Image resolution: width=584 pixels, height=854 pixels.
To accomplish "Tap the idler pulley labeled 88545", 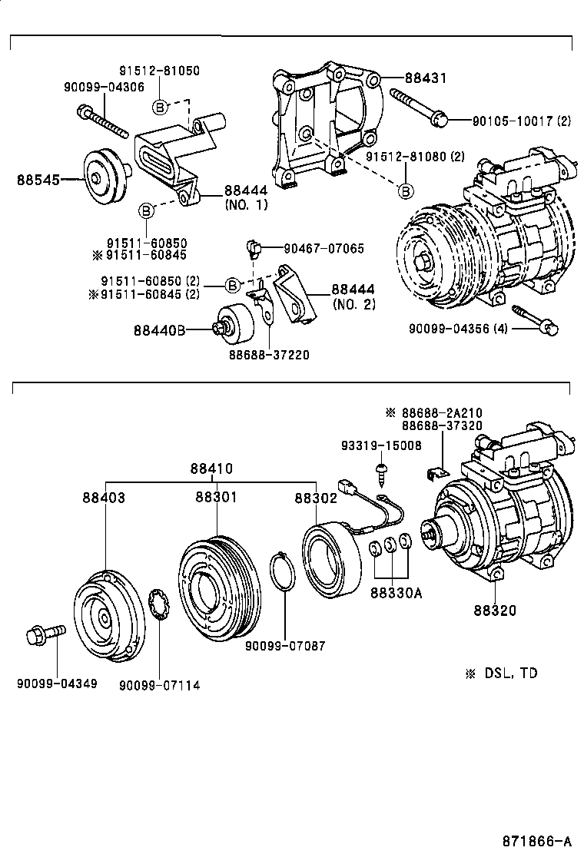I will [x=102, y=177].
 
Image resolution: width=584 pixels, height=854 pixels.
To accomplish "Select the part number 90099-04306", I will [x=103, y=87].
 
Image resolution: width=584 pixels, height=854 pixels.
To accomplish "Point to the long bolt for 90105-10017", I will [x=419, y=106].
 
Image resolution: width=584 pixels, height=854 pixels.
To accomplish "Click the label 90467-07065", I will [x=324, y=248].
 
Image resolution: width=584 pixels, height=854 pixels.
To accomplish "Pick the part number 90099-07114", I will [x=159, y=684].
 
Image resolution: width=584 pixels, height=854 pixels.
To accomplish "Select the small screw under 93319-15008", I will [x=380, y=470].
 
